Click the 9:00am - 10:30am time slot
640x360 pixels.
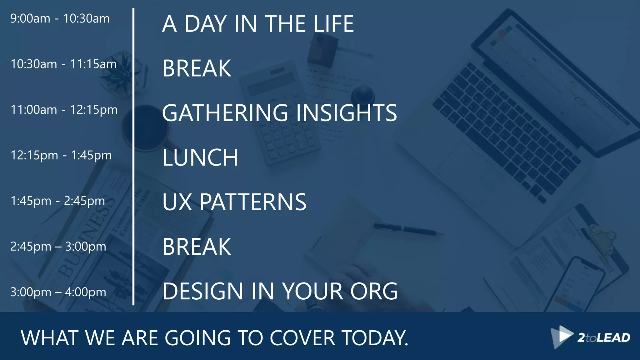pyautogui.click(x=60, y=19)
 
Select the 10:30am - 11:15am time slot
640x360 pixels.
pyautogui.click(x=63, y=64)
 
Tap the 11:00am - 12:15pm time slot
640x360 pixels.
pyautogui.click(x=64, y=110)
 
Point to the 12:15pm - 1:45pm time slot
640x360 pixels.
pyautogui.click(x=61, y=155)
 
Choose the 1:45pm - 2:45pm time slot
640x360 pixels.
pyautogui.click(x=57, y=201)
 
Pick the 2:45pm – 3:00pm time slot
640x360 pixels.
pyautogui.click(x=58, y=247)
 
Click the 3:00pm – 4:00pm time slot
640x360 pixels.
pyautogui.click(x=58, y=292)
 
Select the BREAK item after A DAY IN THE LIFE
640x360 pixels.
pyautogui.click(x=197, y=68)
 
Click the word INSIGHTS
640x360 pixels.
pyautogui.click(x=346, y=113)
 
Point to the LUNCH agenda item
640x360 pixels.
pyautogui.click(x=200, y=157)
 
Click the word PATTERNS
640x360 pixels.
pyautogui.click(x=253, y=202)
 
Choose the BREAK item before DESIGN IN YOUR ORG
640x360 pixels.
pyautogui.click(x=197, y=247)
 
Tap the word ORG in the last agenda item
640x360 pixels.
pyautogui.click(x=374, y=291)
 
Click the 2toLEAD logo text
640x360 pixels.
pyautogui.click(x=603, y=338)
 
